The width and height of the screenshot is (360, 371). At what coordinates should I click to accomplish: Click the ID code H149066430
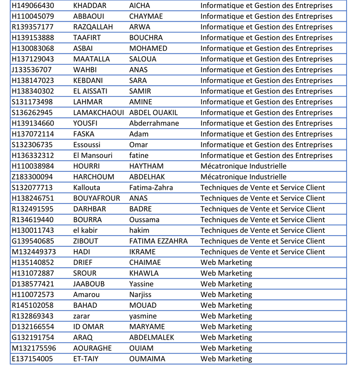(x=33, y=6)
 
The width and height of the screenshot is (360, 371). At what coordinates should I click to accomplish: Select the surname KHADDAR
(x=90, y=6)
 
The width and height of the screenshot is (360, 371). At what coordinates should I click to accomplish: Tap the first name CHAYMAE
(x=146, y=16)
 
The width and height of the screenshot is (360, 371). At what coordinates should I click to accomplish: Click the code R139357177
(x=33, y=27)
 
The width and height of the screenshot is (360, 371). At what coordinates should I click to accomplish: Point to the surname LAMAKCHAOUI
(x=98, y=113)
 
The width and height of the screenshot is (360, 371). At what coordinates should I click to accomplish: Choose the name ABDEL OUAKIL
(x=153, y=113)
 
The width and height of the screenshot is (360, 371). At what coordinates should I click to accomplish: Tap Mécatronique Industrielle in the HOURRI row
(x=243, y=166)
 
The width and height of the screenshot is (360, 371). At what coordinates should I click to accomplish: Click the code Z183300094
(x=33, y=177)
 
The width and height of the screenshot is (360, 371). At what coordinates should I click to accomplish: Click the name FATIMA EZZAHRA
(x=158, y=241)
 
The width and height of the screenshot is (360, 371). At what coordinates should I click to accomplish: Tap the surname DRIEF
(x=83, y=263)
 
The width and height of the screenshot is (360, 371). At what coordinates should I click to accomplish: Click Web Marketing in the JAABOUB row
(x=226, y=284)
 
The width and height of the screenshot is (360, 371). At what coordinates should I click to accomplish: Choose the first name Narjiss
(x=141, y=295)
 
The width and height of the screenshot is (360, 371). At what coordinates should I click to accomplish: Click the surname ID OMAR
(x=88, y=327)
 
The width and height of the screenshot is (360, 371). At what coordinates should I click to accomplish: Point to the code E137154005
(x=33, y=359)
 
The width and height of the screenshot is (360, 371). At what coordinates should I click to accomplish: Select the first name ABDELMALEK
(x=152, y=337)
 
